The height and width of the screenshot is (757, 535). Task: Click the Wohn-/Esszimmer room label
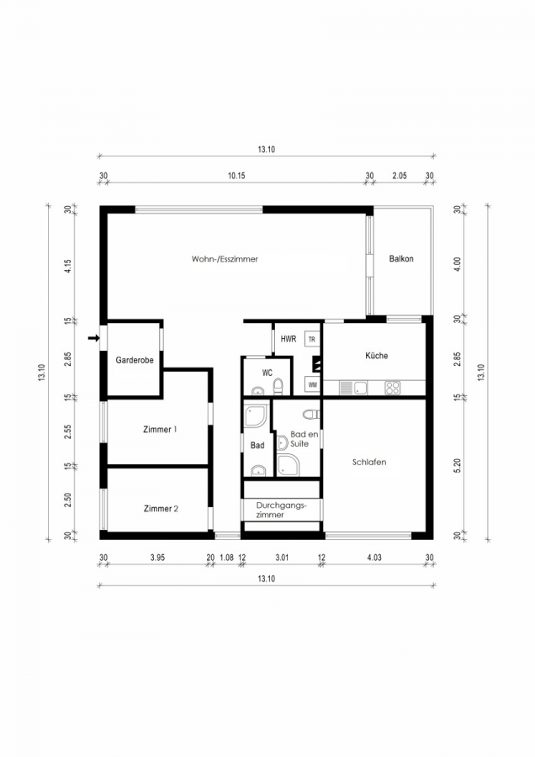[225, 259]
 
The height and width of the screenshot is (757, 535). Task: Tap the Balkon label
[401, 259]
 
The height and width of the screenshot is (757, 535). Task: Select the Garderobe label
[135, 360]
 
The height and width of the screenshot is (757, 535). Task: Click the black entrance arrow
[93, 338]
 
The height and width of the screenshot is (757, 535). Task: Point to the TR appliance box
[312, 340]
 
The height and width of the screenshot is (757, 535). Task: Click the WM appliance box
[312, 384]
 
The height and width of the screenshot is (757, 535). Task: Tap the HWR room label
[289, 339]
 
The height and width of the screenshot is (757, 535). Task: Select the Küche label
[377, 356]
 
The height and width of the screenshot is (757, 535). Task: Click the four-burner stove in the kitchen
[392, 388]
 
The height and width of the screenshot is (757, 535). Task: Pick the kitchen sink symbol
[353, 388]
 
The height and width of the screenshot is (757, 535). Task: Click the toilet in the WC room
[278, 387]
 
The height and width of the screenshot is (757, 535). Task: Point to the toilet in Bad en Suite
[311, 414]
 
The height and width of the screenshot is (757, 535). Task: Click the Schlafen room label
[369, 462]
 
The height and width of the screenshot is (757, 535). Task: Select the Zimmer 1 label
[161, 429]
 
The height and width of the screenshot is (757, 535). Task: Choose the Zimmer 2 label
[162, 508]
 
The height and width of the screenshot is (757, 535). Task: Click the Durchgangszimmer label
[282, 511]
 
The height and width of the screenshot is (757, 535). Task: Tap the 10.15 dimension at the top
[236, 176]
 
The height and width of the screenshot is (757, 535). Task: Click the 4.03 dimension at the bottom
[374, 558]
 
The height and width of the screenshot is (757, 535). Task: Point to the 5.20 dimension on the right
[458, 465]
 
